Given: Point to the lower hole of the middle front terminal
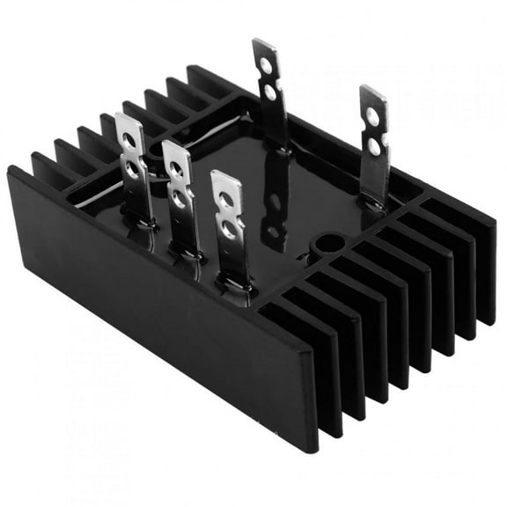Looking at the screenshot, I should tap(180, 198).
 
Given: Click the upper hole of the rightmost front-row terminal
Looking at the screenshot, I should tap(225, 200).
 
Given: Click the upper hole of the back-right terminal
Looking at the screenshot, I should tap(373, 118).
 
